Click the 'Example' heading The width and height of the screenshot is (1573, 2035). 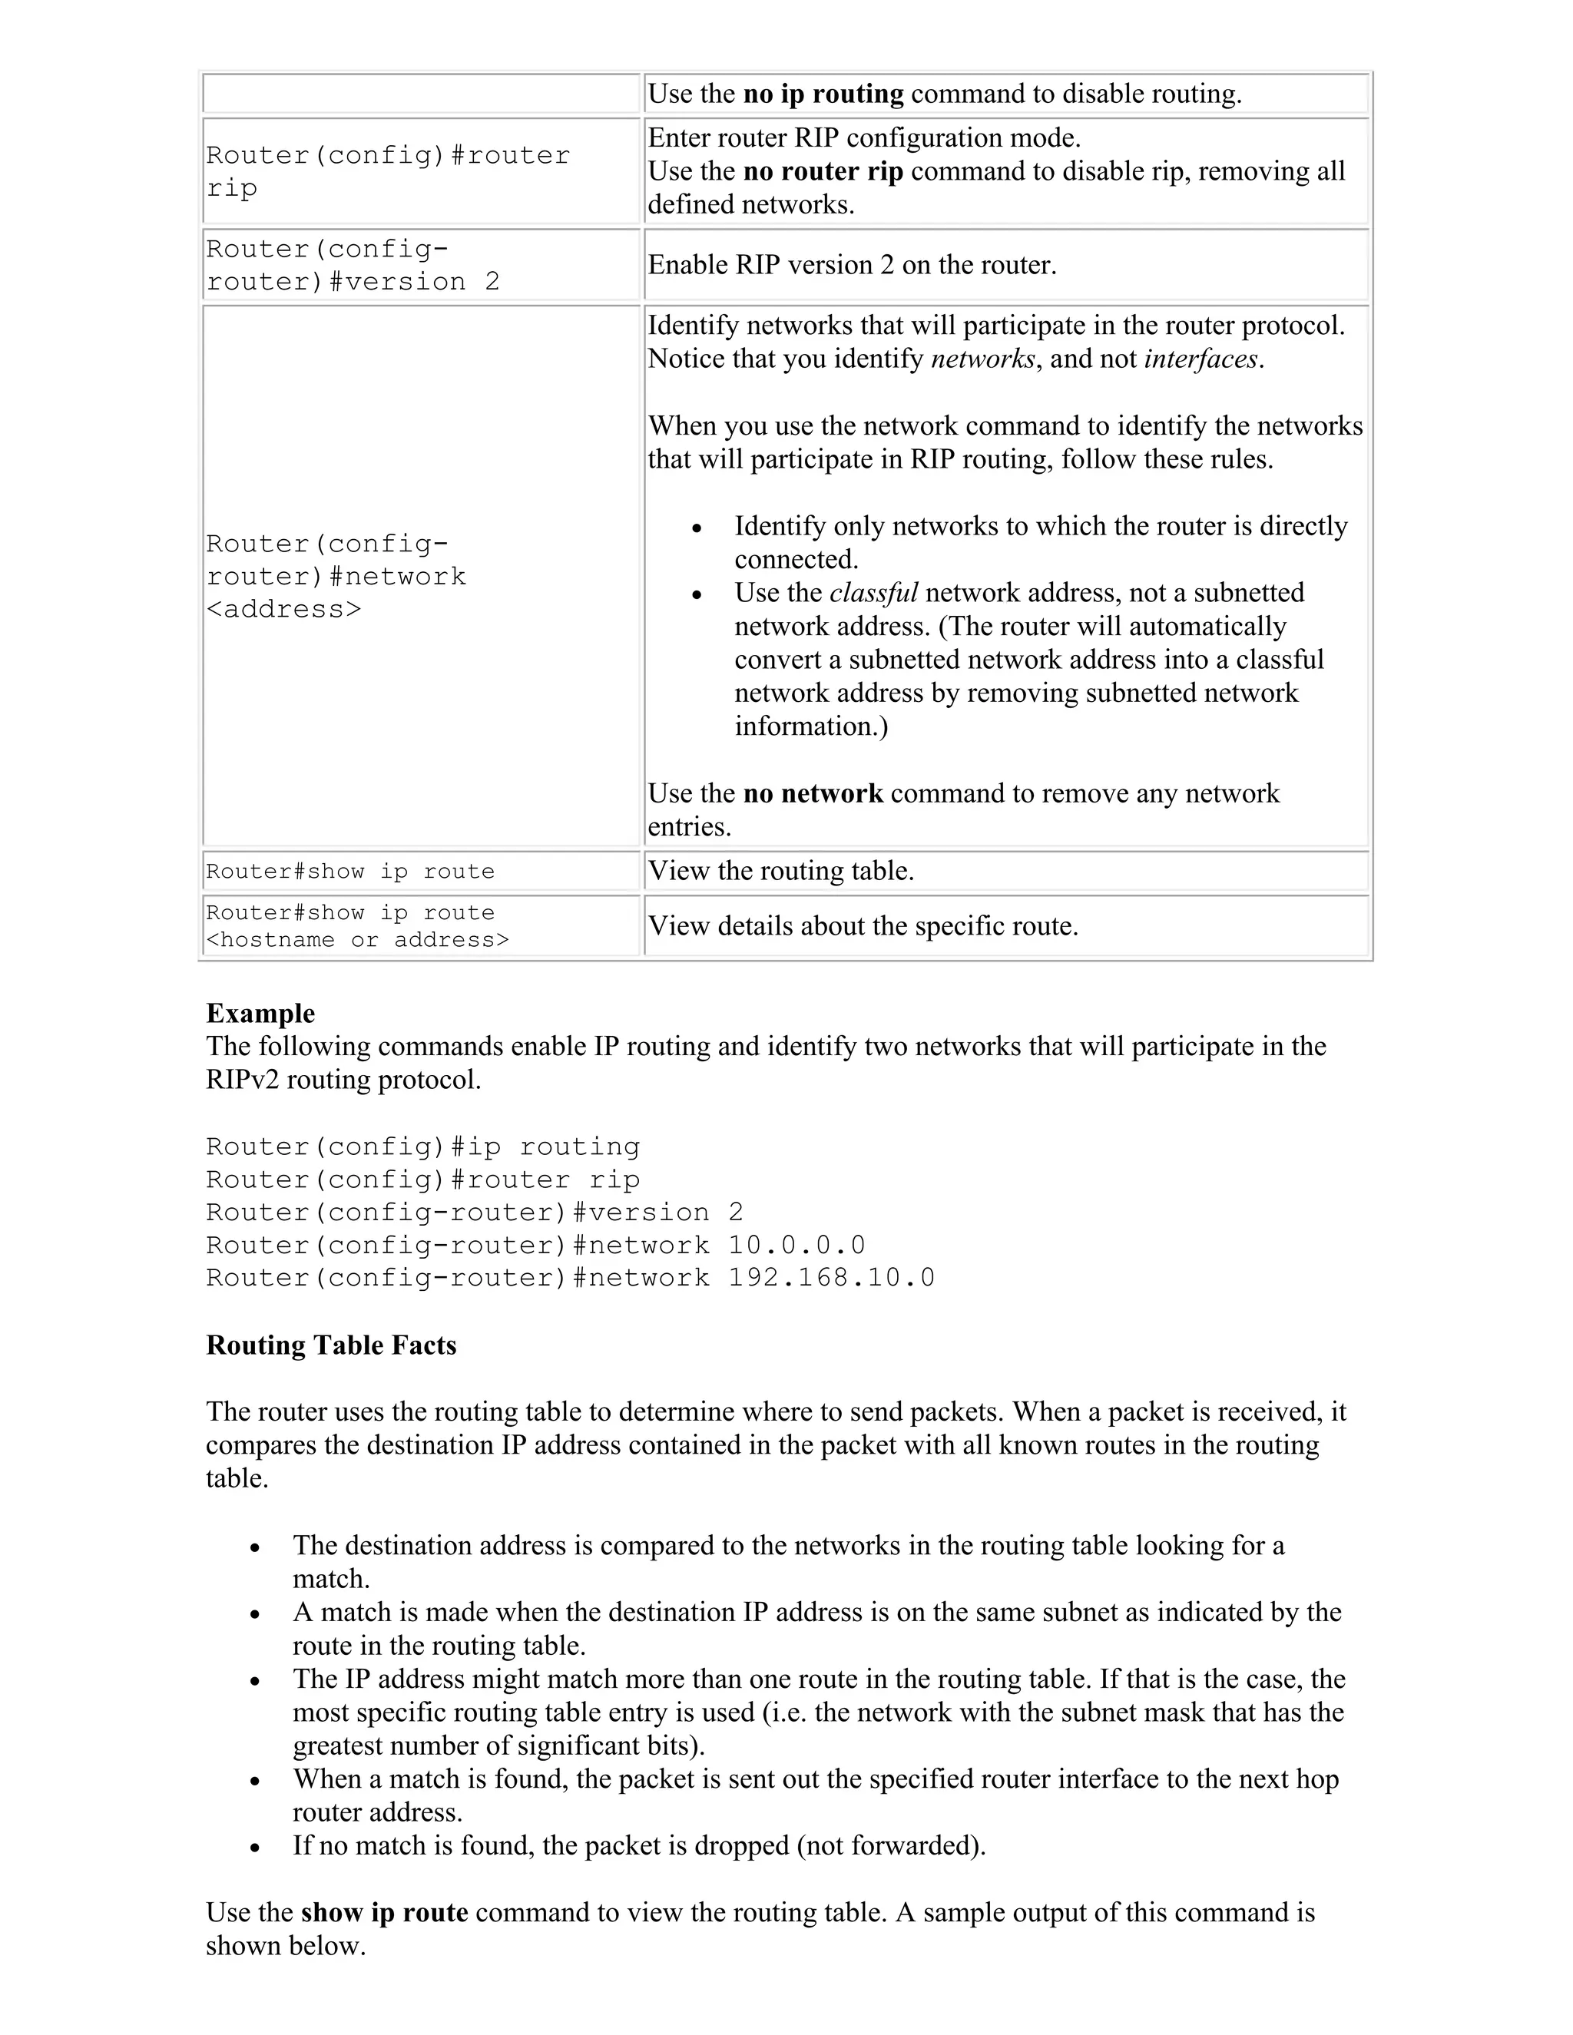260,1013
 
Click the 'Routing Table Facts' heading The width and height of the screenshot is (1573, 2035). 331,1345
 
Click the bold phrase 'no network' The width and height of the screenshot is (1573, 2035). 813,793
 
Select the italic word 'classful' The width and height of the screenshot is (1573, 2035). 873,593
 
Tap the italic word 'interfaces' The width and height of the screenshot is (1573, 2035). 1200,359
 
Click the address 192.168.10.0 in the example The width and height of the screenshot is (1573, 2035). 831,1278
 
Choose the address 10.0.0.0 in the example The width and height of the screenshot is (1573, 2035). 796,1245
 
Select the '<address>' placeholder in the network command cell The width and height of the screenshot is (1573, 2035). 283,610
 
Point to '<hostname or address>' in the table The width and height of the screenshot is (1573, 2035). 357,939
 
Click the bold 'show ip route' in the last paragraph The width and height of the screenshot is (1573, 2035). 384,1912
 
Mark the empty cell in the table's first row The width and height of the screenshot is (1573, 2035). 421,94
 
